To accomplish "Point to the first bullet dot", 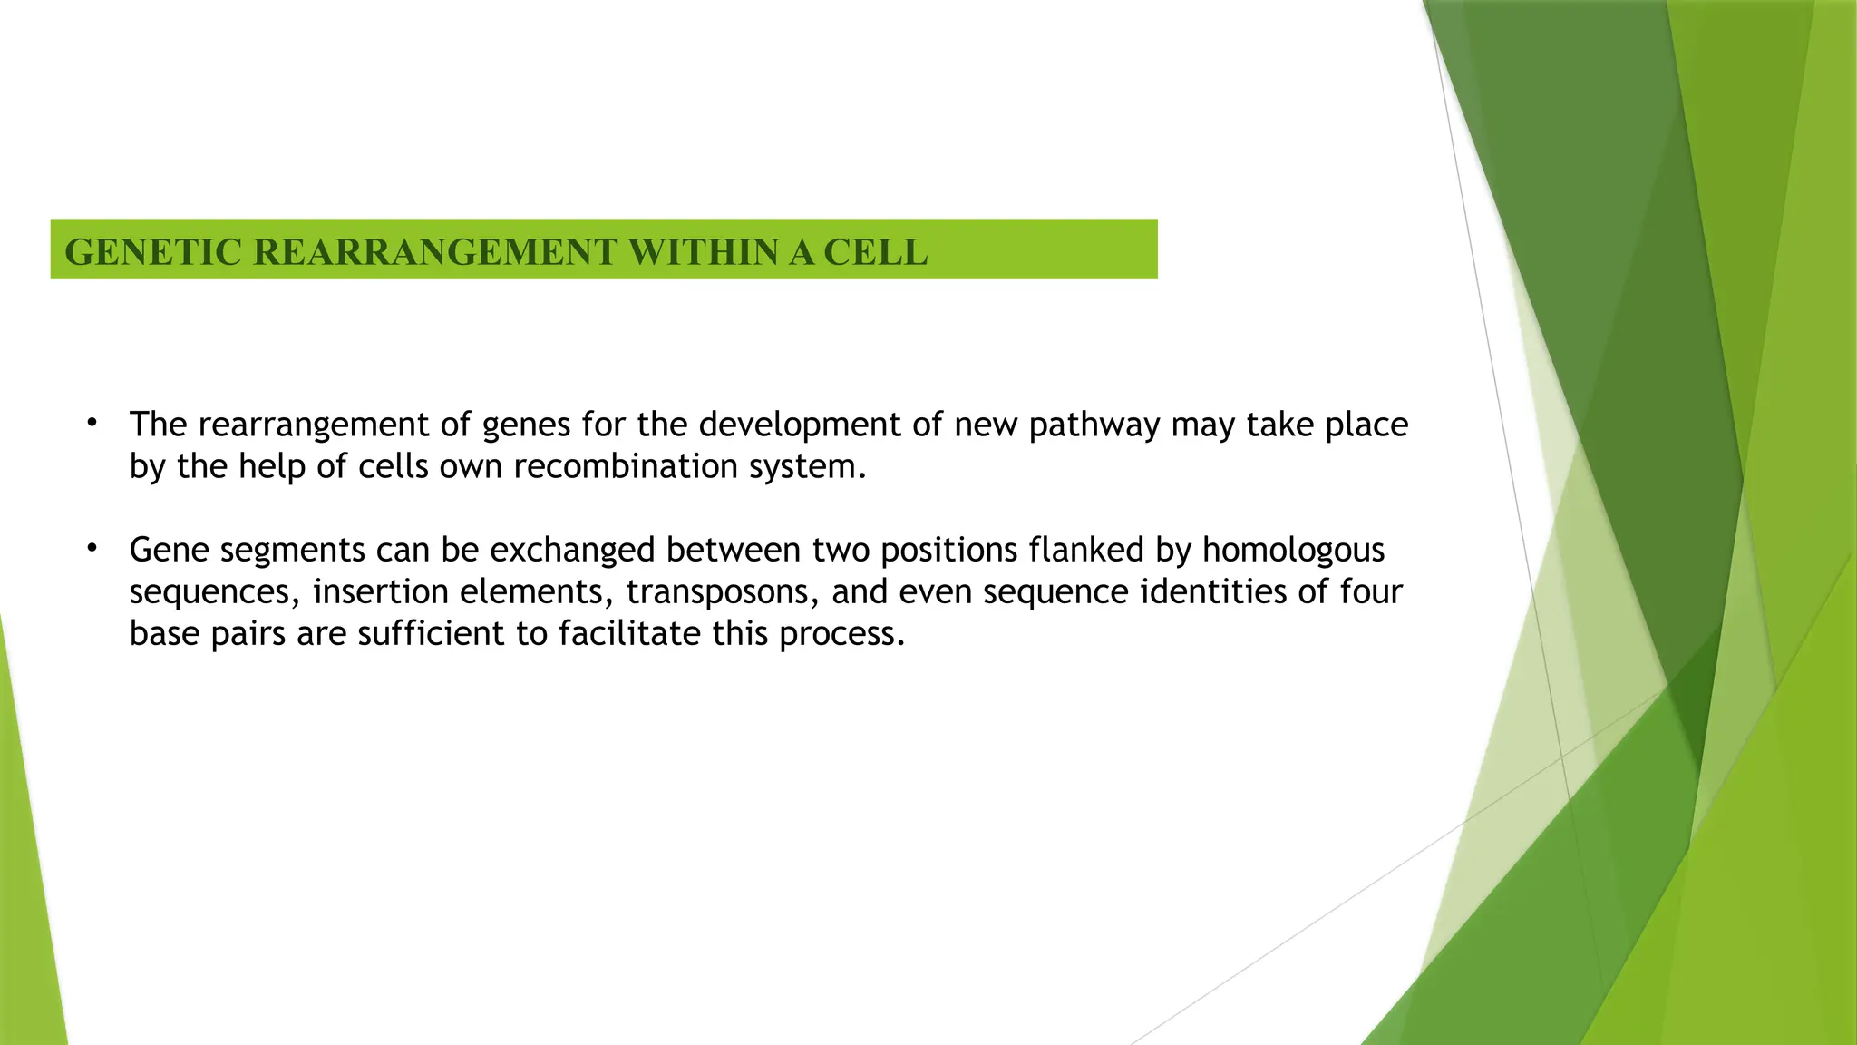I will pos(92,424).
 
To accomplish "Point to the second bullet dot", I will pos(92,549).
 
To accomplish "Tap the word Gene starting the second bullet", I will pos(170,550).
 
